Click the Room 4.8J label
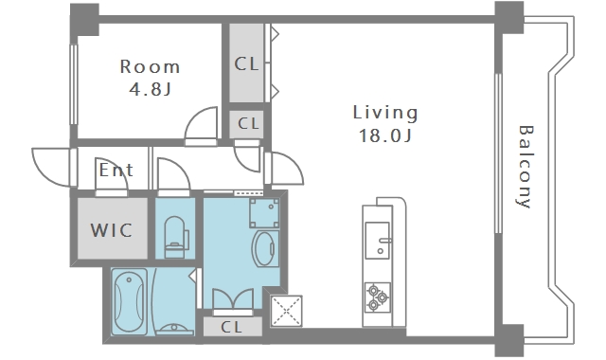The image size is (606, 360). (x=150, y=78)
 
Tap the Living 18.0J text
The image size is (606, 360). (x=385, y=124)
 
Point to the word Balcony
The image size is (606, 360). (x=525, y=167)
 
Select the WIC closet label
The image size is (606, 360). (x=112, y=230)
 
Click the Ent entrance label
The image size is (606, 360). (x=116, y=171)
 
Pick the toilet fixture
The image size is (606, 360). (x=176, y=237)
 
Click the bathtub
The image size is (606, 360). (x=130, y=301)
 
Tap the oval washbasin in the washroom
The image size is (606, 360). (x=265, y=248)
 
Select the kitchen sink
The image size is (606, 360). (x=378, y=240)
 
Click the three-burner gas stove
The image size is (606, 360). (x=378, y=297)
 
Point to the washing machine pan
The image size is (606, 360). (x=264, y=213)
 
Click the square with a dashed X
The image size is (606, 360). (x=286, y=311)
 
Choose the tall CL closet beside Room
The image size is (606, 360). (x=246, y=63)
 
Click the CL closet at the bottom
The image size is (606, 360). (x=233, y=327)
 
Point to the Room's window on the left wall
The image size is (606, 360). (x=74, y=84)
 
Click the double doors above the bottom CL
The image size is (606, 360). (x=233, y=299)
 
